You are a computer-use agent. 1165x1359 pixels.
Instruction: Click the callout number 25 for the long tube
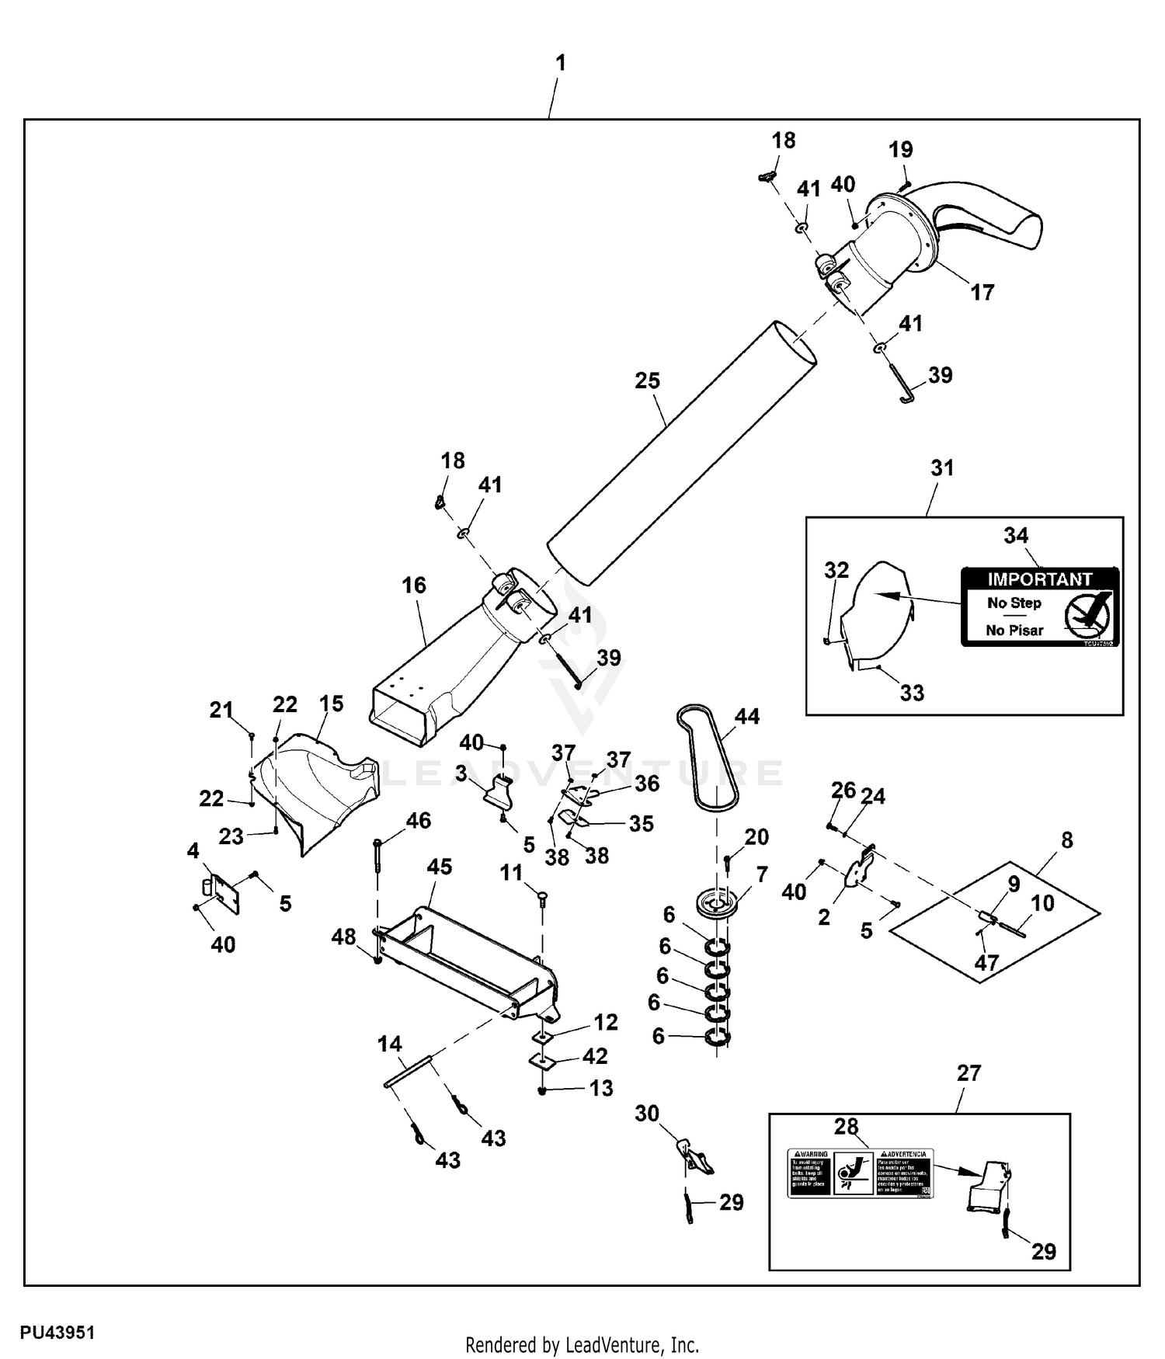pos(647,381)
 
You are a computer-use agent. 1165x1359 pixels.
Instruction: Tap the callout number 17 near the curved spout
pos(982,293)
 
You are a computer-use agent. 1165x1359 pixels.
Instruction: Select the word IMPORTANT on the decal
pos(1039,579)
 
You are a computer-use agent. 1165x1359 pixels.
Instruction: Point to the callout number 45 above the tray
pos(440,867)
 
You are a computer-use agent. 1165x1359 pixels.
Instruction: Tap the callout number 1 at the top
pos(561,63)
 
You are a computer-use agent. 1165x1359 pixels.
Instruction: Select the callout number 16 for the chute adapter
pos(414,585)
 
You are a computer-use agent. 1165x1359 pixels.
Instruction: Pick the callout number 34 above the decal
pos(1016,535)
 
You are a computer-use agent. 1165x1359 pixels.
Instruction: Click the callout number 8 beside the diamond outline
pos(1067,839)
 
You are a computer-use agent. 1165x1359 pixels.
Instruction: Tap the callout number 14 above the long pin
pos(390,1044)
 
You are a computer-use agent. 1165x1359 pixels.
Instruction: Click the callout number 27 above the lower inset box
pos(969,1072)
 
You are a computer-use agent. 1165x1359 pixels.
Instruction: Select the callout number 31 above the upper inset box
pos(942,467)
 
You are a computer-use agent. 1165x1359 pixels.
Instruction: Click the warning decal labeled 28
pos(861,1173)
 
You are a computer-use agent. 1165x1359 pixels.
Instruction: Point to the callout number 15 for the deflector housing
pos(331,704)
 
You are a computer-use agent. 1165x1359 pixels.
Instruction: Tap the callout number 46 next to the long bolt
pos(419,820)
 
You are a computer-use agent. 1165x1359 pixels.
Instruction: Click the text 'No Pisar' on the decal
pos(1014,631)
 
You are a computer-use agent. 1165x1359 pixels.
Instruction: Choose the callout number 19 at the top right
pos(901,149)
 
